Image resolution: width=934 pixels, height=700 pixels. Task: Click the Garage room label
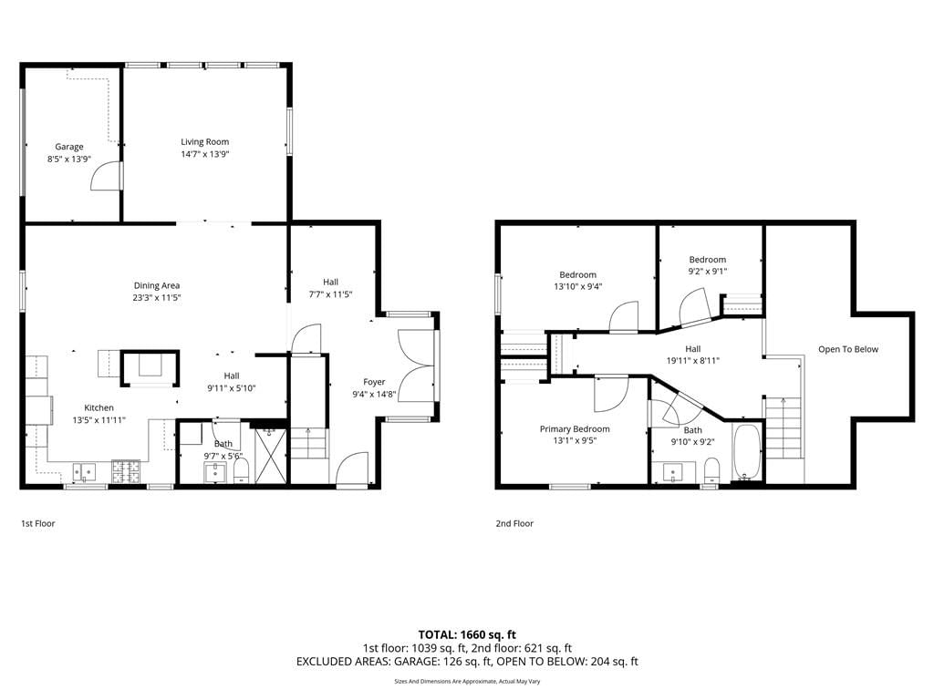click(69, 147)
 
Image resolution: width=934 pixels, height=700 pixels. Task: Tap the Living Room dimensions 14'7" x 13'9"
click(205, 154)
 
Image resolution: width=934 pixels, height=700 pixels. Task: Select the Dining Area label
click(157, 285)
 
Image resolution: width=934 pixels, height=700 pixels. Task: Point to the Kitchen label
click(99, 407)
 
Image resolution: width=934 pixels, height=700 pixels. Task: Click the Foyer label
click(374, 382)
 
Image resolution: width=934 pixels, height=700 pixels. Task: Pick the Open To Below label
click(848, 349)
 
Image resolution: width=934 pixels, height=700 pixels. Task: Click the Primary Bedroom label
click(575, 428)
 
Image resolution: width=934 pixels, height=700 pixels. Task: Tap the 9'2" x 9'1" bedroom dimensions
click(708, 272)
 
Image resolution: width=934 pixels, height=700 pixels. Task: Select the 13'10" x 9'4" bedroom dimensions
click(577, 286)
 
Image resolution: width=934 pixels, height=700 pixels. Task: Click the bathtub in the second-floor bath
click(747, 452)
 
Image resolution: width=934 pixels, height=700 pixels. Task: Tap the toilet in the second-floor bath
click(711, 471)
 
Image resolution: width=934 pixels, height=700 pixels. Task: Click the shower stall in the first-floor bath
click(270, 456)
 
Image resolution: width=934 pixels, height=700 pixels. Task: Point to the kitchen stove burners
click(126, 472)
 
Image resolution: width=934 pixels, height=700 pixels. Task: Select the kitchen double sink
click(85, 473)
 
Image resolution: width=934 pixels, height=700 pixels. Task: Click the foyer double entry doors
click(416, 365)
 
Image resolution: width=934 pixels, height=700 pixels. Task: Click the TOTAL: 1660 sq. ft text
click(467, 634)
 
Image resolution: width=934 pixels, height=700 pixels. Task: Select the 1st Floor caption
click(38, 523)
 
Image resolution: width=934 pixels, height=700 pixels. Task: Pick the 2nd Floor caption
click(514, 523)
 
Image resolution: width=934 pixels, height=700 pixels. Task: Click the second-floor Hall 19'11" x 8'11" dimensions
click(693, 361)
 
